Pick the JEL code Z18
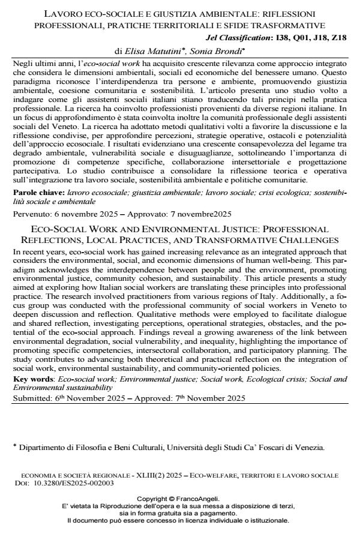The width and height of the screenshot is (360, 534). coord(338,38)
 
